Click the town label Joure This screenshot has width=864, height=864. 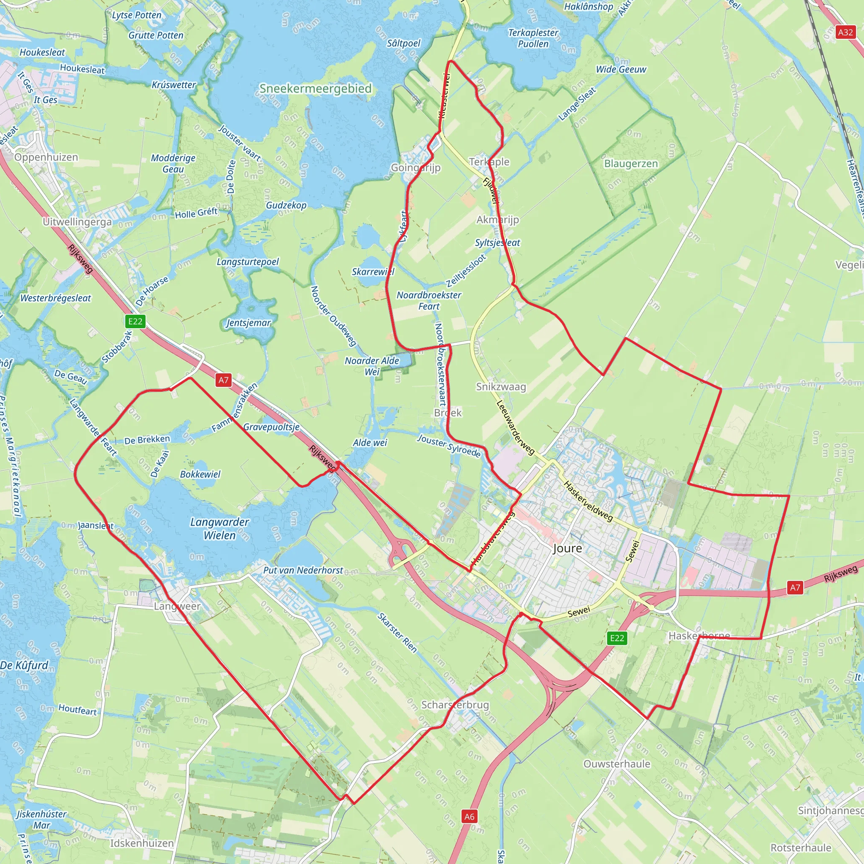pos(567,548)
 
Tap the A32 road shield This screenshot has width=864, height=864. pos(845,32)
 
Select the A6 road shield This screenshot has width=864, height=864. pos(469,817)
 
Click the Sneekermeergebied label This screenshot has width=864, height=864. pos(316,89)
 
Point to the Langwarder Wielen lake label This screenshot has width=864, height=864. pos(219,528)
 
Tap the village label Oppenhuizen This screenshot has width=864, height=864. pos(46,157)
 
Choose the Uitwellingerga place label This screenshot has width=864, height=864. pos(77,222)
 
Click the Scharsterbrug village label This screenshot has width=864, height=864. pos(455,705)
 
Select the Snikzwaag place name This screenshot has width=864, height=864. pos(501,387)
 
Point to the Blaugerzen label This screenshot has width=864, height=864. pos(631,164)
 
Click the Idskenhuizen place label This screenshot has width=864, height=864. pos(142,843)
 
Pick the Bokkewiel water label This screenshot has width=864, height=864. pos(200,474)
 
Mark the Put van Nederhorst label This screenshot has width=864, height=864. pos(303,570)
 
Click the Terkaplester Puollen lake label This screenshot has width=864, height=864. pos(533,38)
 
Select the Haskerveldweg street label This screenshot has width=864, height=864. pos(588,501)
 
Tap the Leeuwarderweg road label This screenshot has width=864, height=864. pos(515,427)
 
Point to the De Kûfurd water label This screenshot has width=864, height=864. pos(24,665)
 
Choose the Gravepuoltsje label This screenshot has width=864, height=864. pos(271,427)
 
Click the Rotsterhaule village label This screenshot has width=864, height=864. pos(801,848)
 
